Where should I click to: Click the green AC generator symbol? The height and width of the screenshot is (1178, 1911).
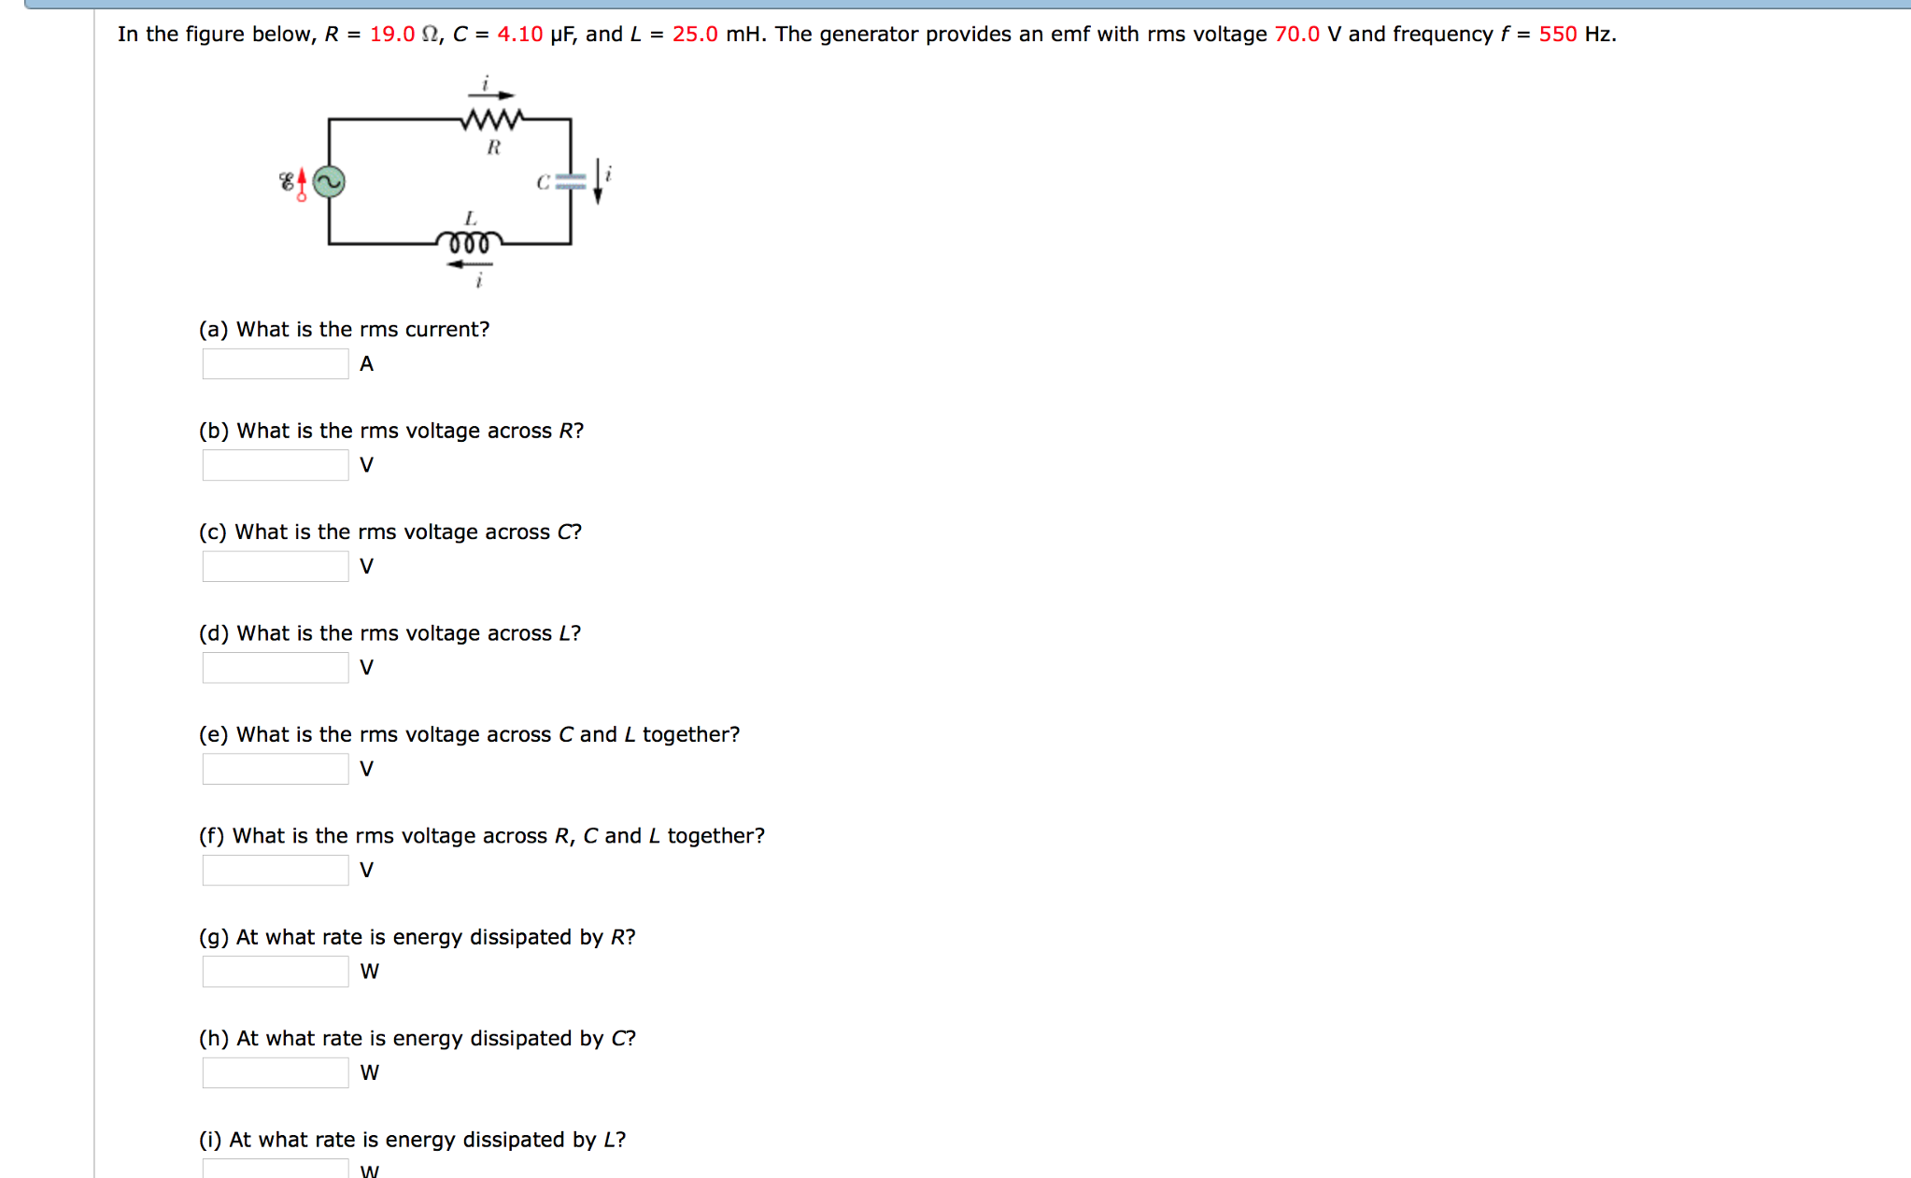point(329,181)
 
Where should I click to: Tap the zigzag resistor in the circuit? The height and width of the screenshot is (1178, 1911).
point(492,120)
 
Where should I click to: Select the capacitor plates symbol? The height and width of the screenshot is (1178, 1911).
point(571,182)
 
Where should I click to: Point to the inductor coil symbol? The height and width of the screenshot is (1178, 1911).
point(469,243)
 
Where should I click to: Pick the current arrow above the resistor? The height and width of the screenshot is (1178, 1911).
point(491,95)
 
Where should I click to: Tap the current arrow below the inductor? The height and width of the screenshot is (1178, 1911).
point(470,264)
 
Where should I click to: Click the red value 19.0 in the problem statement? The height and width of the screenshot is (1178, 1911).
point(392,35)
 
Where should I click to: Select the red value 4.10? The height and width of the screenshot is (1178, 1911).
point(520,35)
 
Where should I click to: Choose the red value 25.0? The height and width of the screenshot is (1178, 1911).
point(696,35)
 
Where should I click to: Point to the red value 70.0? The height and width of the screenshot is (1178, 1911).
point(1297,35)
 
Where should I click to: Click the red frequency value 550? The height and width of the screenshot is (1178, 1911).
point(1558,35)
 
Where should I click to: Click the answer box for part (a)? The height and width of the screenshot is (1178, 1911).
point(276,364)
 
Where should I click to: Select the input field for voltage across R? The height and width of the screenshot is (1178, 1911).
point(276,465)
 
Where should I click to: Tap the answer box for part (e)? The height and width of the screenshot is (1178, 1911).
point(276,769)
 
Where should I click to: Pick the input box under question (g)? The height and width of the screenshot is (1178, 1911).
point(276,972)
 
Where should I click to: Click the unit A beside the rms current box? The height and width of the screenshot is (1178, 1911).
point(367,364)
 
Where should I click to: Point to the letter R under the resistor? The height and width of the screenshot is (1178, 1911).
point(494,148)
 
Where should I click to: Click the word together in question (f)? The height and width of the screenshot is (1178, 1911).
point(716,836)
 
